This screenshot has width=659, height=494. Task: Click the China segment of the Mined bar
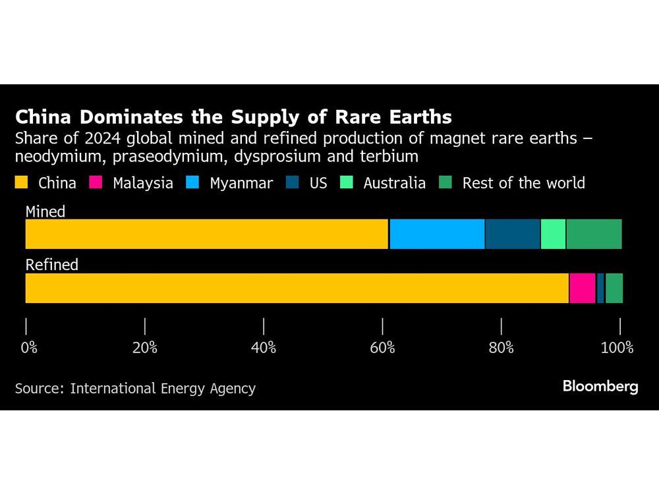(x=207, y=234)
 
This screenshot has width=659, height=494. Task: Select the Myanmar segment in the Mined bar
(x=438, y=234)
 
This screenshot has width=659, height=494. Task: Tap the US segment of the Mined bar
(x=513, y=234)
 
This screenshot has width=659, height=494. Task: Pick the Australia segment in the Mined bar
(x=553, y=234)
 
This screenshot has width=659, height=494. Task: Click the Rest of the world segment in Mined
(x=594, y=234)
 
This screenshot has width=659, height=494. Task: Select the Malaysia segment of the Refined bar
(x=583, y=288)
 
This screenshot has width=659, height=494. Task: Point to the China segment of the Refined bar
(x=297, y=288)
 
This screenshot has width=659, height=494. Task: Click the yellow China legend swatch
(x=22, y=183)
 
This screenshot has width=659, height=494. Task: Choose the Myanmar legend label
(x=241, y=183)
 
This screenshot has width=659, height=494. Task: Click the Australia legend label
(x=394, y=183)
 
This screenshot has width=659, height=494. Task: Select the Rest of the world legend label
(x=523, y=183)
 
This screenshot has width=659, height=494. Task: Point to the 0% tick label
(x=29, y=347)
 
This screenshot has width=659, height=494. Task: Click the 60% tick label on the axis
(x=382, y=347)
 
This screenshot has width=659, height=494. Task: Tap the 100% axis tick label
(x=617, y=347)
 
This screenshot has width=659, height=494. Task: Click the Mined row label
(x=45, y=211)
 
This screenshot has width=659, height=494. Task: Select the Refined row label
(x=52, y=265)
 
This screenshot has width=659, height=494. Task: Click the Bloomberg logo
(x=600, y=387)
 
